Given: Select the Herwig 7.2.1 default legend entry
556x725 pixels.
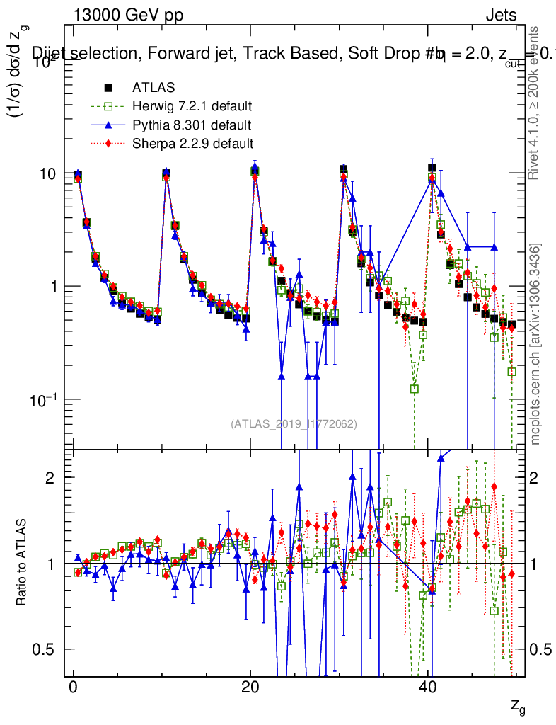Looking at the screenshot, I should (192, 107).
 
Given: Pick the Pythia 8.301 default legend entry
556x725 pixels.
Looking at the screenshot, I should (191, 125).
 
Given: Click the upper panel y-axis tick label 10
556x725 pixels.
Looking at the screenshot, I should (48, 174).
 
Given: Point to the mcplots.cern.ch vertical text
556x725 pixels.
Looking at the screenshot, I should (536, 343).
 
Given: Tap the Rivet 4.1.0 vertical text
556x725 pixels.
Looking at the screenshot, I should (536, 103).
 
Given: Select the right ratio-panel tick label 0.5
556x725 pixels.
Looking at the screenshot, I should (540, 650).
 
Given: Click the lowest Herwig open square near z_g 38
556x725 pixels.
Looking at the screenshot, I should (414, 389).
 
